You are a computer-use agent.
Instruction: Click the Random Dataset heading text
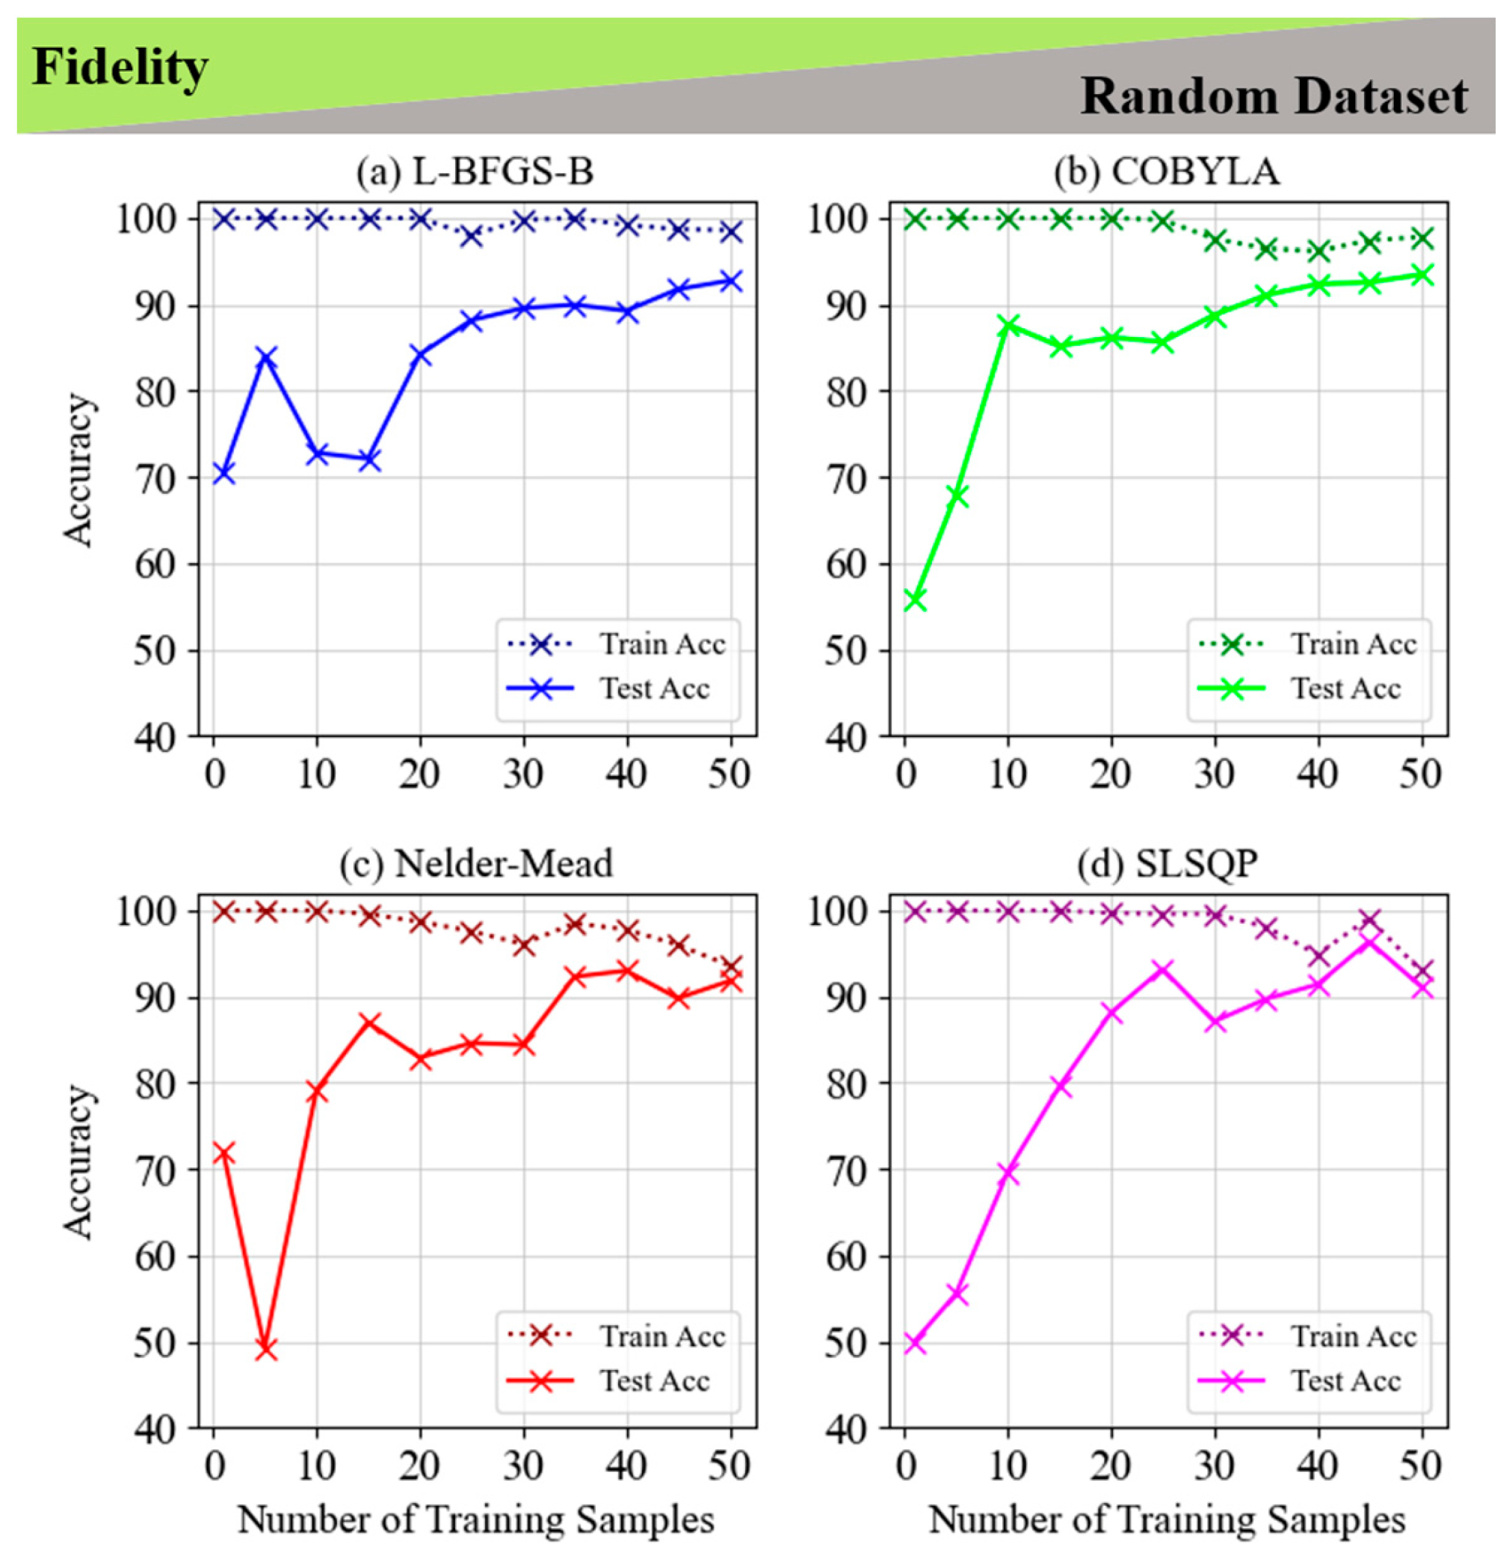click(1274, 96)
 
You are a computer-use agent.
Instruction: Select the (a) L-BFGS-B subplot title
click(475, 171)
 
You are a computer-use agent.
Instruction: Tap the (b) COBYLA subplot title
click(1167, 171)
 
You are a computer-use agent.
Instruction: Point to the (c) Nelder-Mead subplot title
click(476, 863)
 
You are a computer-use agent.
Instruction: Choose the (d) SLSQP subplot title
click(1167, 863)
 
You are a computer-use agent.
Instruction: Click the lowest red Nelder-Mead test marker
click(266, 1349)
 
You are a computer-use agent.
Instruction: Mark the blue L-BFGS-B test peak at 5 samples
click(266, 357)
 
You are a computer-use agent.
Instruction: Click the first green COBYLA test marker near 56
click(914, 600)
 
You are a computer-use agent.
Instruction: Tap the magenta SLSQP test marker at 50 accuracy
click(914, 1343)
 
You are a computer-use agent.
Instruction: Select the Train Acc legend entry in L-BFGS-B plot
click(617, 644)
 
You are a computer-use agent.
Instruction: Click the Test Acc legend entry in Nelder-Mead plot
click(608, 1381)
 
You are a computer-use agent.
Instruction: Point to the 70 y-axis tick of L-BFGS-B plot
click(157, 479)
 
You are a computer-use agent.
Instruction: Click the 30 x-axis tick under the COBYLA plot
click(1214, 774)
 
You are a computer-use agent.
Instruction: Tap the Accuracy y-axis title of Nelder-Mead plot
click(78, 1160)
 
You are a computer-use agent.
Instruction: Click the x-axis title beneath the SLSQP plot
click(1167, 1519)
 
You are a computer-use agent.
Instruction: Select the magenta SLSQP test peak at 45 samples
click(1370, 941)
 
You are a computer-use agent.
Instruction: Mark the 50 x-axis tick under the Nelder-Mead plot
click(730, 1466)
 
